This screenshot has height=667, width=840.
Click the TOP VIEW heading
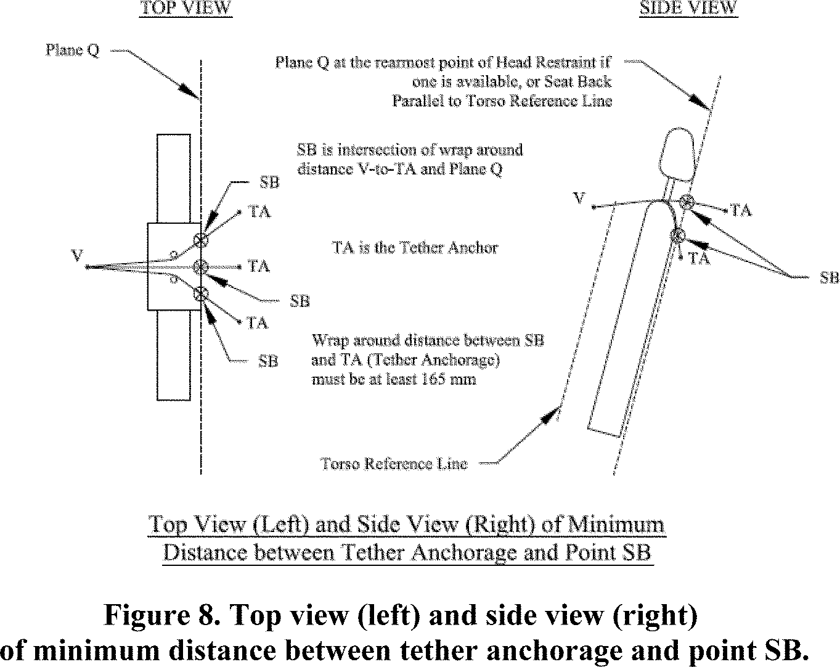[x=186, y=8]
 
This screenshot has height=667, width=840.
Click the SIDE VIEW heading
[x=688, y=8]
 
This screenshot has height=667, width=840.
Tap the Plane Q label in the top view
[x=72, y=50]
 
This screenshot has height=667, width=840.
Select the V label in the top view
[x=77, y=255]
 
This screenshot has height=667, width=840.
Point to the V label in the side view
[x=579, y=198]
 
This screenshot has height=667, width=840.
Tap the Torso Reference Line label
[x=394, y=464]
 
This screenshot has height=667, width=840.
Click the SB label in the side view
[x=829, y=278]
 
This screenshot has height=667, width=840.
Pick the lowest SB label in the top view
[x=268, y=361]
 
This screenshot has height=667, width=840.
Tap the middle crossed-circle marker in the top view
[x=200, y=267]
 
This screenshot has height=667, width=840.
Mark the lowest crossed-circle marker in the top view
[x=200, y=294]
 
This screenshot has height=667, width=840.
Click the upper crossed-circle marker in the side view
[x=687, y=201]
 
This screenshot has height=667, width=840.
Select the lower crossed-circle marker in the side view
[x=678, y=235]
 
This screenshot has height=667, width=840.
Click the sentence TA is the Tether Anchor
[x=415, y=248]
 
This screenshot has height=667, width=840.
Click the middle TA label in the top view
[x=259, y=266]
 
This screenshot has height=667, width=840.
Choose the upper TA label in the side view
[x=741, y=211]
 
